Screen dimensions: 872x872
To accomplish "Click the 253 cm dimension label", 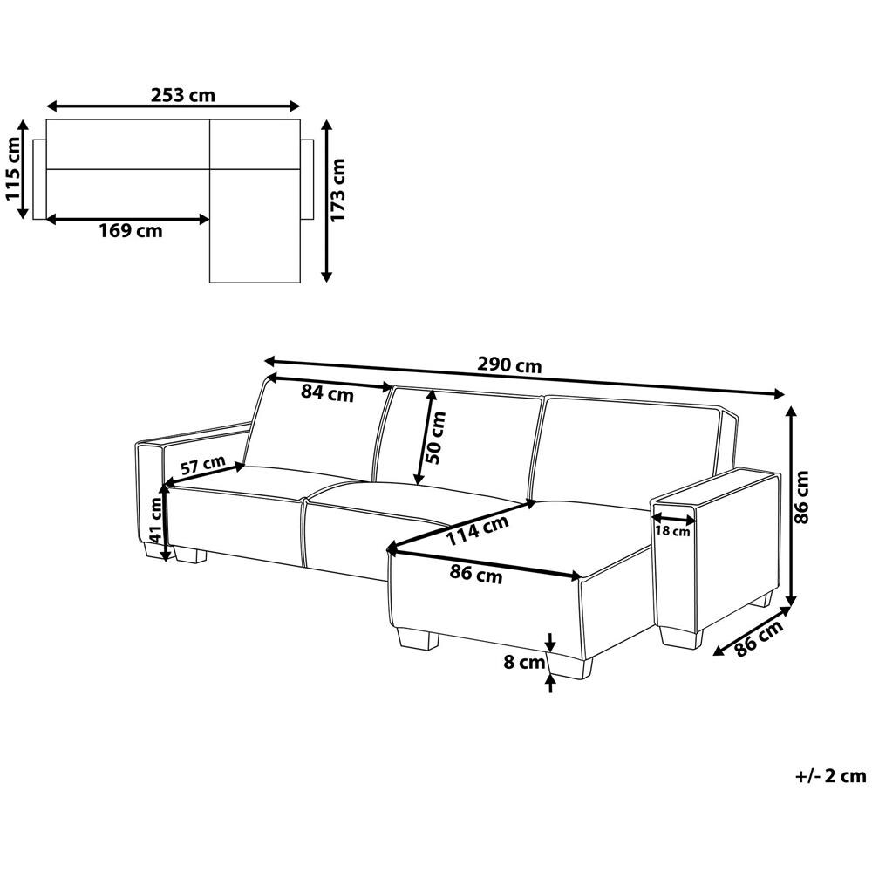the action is (x=182, y=96).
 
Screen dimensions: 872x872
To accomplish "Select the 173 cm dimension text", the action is (x=337, y=189).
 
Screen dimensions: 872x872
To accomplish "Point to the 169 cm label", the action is (x=131, y=230).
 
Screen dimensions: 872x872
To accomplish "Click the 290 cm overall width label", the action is (x=509, y=365).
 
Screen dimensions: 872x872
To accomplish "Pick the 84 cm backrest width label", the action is (x=327, y=393).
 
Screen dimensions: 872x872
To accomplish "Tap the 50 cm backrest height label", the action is (x=435, y=438).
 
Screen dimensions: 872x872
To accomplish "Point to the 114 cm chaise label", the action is (x=478, y=530).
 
